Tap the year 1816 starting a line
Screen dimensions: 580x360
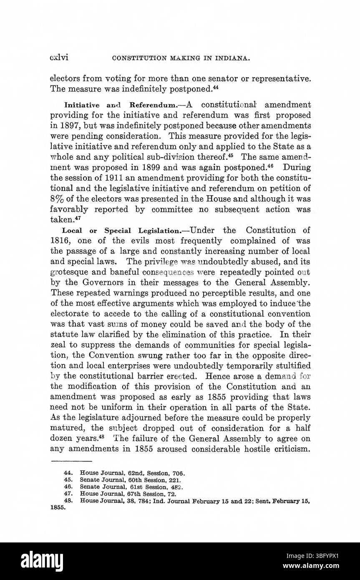pos(59,241)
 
